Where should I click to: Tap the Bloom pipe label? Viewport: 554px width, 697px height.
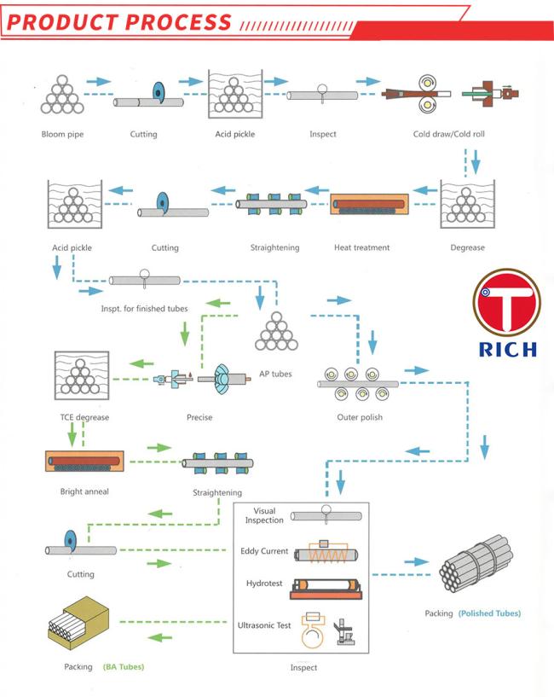click(x=63, y=134)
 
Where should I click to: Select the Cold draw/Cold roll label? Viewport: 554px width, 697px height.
click(x=448, y=134)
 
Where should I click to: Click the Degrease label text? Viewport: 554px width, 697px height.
click(x=467, y=247)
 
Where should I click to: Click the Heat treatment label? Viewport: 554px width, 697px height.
click(x=362, y=247)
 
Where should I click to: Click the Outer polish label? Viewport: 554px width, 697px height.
click(x=360, y=417)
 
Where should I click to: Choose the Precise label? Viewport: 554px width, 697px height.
click(x=199, y=417)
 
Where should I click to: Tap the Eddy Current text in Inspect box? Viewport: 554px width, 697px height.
click(x=264, y=551)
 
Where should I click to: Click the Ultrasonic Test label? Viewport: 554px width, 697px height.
click(x=265, y=625)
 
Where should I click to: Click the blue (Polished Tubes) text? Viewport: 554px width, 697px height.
click(x=489, y=613)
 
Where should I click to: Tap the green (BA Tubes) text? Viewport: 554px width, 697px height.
click(x=124, y=665)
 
